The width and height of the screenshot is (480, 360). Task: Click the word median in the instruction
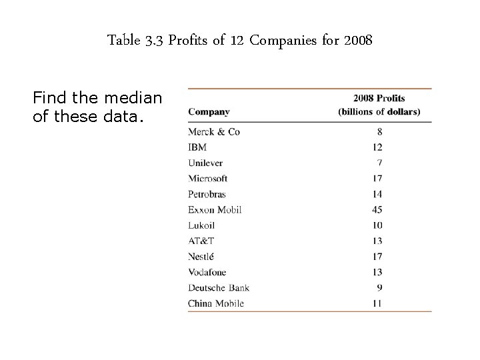click(134, 98)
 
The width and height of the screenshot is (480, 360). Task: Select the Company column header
click(209, 112)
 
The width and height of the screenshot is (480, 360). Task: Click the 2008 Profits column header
click(379, 99)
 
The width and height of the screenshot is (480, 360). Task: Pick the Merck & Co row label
click(214, 131)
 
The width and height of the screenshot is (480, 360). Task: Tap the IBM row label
click(197, 147)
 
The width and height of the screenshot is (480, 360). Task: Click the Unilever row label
click(205, 163)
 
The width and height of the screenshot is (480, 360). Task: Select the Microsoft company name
click(208, 178)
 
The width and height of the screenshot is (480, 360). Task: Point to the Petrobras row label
click(207, 194)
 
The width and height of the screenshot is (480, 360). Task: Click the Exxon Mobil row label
click(215, 209)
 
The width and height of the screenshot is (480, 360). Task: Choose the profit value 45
click(376, 209)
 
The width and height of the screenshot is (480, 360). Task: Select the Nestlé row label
click(201, 256)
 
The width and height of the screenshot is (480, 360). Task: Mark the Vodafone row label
click(207, 272)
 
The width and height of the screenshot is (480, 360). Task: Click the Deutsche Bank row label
click(219, 287)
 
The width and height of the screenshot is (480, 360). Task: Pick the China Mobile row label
click(216, 303)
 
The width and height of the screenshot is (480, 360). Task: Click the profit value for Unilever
click(379, 163)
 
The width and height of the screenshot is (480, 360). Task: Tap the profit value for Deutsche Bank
click(379, 287)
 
